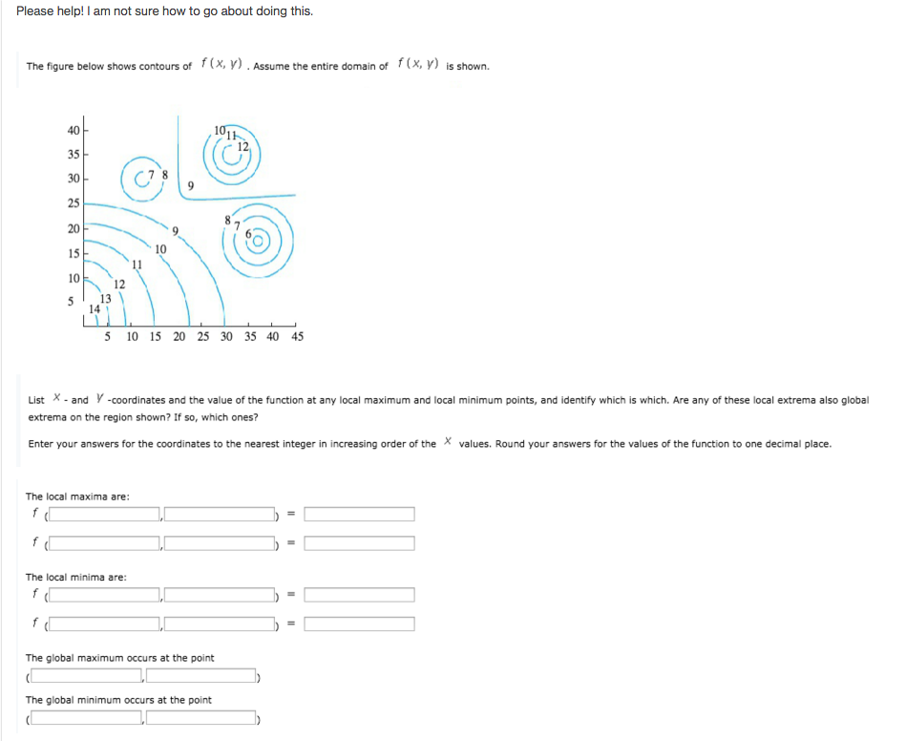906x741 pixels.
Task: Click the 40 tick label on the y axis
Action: pos(74,130)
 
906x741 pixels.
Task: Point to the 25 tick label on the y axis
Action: pos(74,203)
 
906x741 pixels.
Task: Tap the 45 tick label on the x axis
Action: pos(297,336)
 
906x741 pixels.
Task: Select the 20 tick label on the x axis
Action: pos(179,336)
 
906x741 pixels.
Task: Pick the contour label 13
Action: pos(106,298)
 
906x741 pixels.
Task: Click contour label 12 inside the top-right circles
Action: pos(242,145)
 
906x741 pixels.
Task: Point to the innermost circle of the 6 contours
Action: pos(260,242)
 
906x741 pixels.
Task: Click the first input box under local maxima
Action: pos(104,515)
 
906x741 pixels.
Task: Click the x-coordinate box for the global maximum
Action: pos(87,676)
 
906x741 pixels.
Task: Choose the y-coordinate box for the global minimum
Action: pos(200,718)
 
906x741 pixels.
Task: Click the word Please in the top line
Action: pos(35,11)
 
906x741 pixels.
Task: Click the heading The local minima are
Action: pos(75,577)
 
